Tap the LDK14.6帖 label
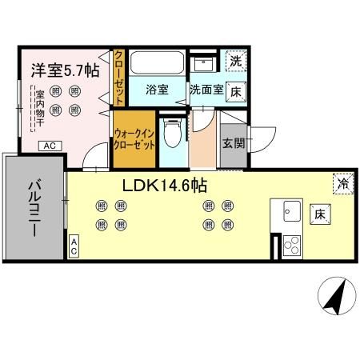pyautogui.click(x=165, y=185)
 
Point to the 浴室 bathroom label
pyautogui.click(x=157, y=90)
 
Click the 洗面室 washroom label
pyautogui.click(x=206, y=90)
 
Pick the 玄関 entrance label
pyautogui.click(x=234, y=143)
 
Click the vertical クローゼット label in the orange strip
pyautogui.click(x=118, y=77)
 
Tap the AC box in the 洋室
pyautogui.click(x=50, y=145)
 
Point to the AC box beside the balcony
pyautogui.click(x=74, y=248)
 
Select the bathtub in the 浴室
pyautogui.click(x=156, y=63)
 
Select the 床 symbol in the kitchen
pyautogui.click(x=318, y=214)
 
